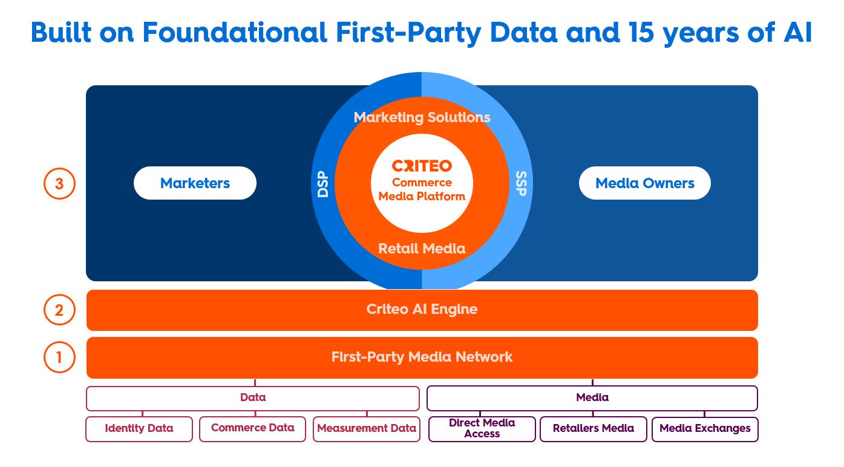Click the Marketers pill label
[x=195, y=183]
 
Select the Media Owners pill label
[x=644, y=183]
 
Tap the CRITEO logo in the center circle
[x=422, y=166]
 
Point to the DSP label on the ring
[x=323, y=183]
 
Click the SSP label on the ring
[x=521, y=183]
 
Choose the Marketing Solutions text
[x=422, y=117]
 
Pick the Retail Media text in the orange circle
[x=422, y=248]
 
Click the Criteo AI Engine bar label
[x=422, y=310]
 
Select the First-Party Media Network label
[x=422, y=357]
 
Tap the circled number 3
[x=59, y=183]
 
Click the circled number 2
[x=59, y=310]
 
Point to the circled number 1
[x=59, y=357]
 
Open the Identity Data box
[x=139, y=429]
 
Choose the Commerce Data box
[x=252, y=428]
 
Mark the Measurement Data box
[x=366, y=429]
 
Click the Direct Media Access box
[x=482, y=428]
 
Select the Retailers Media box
[x=593, y=429]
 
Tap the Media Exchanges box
[x=705, y=429]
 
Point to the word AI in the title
[x=797, y=33]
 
